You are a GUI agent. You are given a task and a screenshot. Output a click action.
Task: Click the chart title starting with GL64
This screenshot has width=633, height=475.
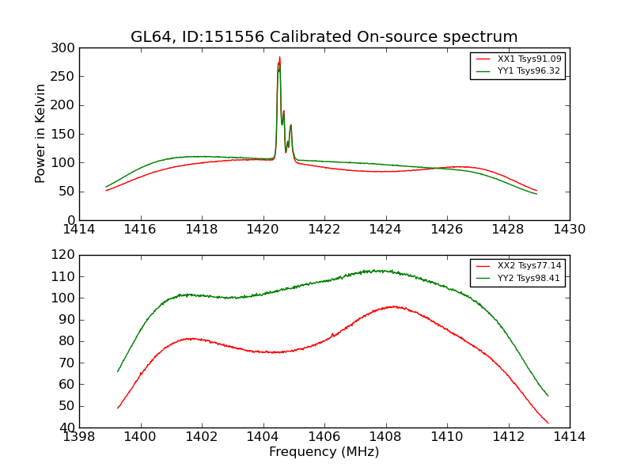click(x=324, y=37)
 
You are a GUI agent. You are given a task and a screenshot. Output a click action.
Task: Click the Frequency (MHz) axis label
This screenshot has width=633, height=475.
click(x=324, y=452)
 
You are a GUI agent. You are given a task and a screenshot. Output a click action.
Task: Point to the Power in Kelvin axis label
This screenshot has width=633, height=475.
click(x=41, y=134)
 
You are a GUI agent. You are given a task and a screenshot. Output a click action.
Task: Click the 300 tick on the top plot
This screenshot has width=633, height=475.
click(x=66, y=48)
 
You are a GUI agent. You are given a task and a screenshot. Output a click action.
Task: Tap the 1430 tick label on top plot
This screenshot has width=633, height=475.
click(x=569, y=230)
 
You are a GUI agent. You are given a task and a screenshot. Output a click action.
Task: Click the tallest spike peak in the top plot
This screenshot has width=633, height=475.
click(x=279, y=57)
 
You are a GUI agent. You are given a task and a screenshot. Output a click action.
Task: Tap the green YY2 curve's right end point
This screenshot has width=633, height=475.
click(x=548, y=396)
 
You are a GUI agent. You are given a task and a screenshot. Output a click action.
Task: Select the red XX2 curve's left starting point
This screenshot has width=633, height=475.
click(x=118, y=408)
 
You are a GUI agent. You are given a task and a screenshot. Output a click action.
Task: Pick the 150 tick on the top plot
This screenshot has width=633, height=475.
click(x=66, y=135)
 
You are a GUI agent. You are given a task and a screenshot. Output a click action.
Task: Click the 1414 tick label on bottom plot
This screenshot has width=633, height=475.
click(x=569, y=437)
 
